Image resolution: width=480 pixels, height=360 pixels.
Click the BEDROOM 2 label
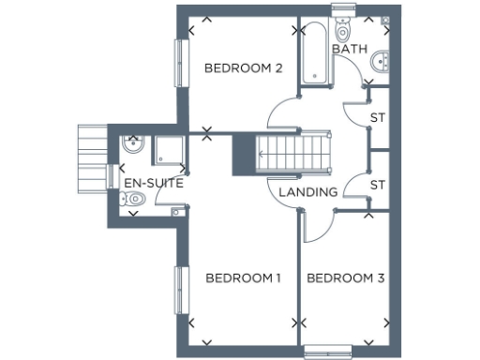(x=244, y=67)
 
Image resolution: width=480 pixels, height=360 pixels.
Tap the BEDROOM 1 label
(x=244, y=277)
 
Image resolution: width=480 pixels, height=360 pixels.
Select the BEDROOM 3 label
(x=346, y=277)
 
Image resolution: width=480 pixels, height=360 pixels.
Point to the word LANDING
(x=308, y=192)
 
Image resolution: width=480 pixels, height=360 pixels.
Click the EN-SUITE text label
(x=153, y=183)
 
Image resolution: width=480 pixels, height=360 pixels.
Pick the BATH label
(x=350, y=48)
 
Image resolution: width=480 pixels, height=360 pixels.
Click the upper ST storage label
(x=379, y=118)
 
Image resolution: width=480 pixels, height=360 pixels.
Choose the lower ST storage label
(x=379, y=184)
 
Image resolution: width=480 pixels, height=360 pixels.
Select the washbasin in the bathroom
(x=381, y=62)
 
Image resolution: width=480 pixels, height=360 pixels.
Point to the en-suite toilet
(x=135, y=199)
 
